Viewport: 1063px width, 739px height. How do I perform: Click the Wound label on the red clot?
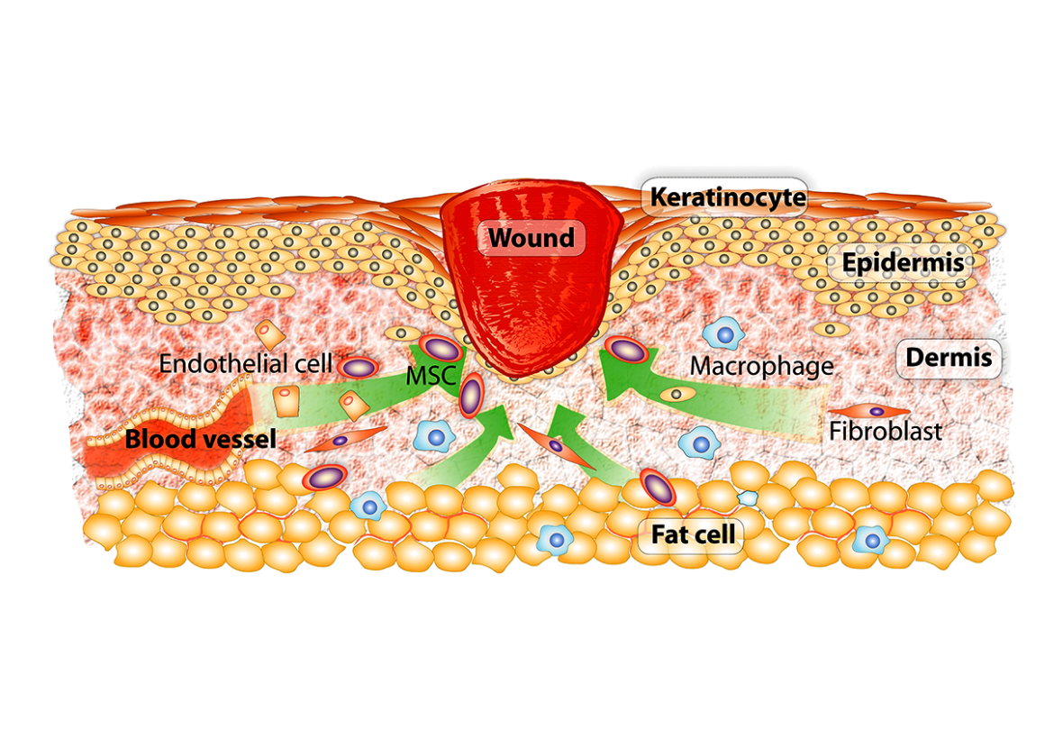tap(531, 239)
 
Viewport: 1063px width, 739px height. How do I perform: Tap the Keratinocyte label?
tap(727, 196)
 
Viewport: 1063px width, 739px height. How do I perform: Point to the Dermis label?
tap(948, 358)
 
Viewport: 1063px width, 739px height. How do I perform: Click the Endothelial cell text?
tap(245, 365)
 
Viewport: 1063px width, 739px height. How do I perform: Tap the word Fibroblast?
tap(886, 431)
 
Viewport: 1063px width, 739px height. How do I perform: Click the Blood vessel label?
tap(200, 441)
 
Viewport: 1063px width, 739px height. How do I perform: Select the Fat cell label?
tap(691, 534)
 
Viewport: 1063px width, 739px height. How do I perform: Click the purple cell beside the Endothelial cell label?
tap(358, 367)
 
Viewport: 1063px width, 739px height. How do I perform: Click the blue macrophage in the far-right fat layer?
tap(870, 539)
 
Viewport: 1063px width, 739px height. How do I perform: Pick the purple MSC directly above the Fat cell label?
tap(659, 488)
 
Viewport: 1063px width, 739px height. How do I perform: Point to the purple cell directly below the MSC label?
tap(470, 397)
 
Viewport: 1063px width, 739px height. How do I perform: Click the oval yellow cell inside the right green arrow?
tap(676, 394)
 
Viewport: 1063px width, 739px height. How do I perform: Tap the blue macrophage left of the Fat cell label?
tap(555, 539)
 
